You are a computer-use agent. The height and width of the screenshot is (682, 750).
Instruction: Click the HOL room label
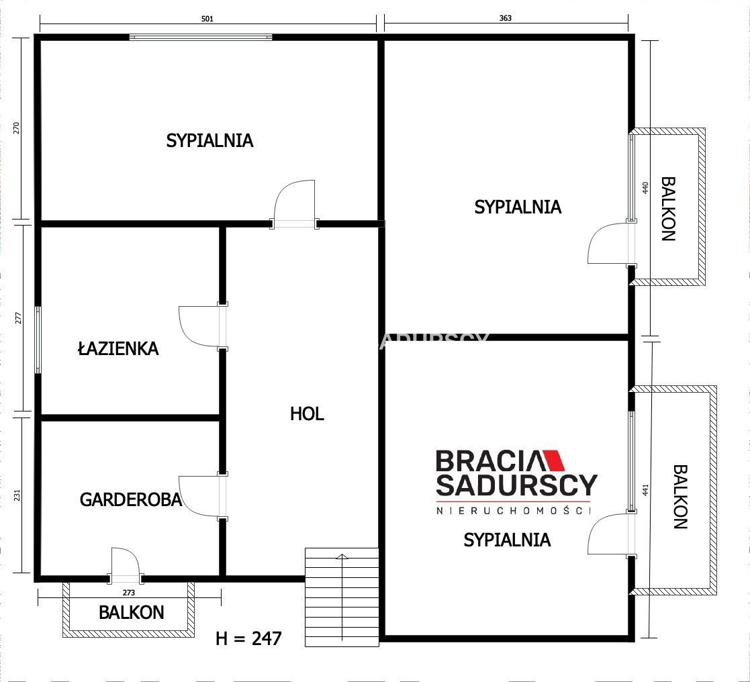307,413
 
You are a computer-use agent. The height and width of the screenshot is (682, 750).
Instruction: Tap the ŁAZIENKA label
118,348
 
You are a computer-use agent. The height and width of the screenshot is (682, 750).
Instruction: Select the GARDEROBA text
130,500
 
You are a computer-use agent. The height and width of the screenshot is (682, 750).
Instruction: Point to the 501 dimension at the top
207,19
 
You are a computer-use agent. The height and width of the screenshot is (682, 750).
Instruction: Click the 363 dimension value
505,18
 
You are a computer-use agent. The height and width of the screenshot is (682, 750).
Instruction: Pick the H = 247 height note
248,638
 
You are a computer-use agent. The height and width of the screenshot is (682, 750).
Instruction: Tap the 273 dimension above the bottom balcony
129,593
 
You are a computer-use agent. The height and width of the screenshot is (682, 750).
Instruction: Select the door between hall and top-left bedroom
294,203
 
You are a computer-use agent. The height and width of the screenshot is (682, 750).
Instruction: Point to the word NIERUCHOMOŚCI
513,510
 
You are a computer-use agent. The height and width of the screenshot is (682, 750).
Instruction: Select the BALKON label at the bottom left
131,613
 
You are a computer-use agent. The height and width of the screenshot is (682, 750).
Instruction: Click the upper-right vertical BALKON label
668,209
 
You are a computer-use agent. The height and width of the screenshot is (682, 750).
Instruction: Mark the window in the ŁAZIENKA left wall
38,340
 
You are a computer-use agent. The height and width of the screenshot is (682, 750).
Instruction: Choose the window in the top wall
201,37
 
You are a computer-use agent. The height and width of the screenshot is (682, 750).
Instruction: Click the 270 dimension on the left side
17,128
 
